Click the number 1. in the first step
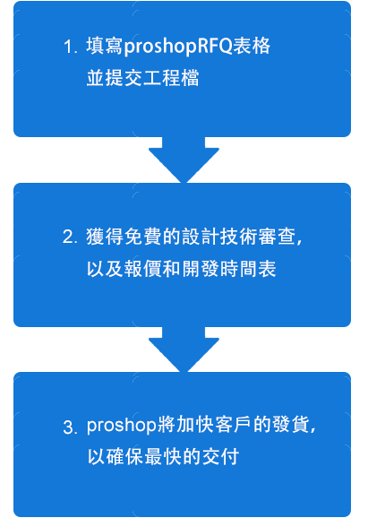pos(71,47)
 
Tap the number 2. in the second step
pos(70,237)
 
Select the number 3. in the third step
pos(70,427)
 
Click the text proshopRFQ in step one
pos(178,47)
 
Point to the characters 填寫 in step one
pos(105,46)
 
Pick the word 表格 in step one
pos(252,46)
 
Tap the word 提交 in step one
pos(124,78)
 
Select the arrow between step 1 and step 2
pos(184,160)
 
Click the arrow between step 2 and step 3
pos(184,350)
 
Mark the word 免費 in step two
pos(143,237)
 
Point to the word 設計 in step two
pos(201,237)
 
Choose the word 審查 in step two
pos(277,237)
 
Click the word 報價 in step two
pos(143,269)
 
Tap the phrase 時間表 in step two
pos(248,269)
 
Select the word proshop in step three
pos(122,427)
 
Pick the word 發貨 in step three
pos(291,426)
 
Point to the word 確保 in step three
pos(125,457)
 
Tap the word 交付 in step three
pos(220,457)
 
